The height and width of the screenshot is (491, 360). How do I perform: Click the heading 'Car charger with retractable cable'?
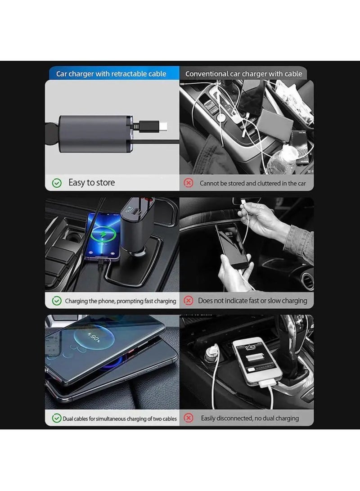[x=111, y=74]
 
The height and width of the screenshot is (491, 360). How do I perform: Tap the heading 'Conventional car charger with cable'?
[x=243, y=74]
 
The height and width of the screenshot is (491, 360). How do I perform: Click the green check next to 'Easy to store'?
[x=57, y=183]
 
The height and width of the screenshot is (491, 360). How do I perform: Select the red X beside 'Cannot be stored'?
[x=189, y=183]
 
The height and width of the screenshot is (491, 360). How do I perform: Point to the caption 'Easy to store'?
[x=91, y=183]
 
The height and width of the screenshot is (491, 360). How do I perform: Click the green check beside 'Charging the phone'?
[x=57, y=301]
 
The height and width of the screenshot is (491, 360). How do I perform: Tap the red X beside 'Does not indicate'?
[x=189, y=301]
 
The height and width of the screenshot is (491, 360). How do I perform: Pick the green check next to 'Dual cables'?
[x=57, y=419]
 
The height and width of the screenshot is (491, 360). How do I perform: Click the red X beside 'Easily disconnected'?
[x=189, y=419]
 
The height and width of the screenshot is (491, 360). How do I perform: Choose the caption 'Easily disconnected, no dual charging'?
[x=250, y=419]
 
